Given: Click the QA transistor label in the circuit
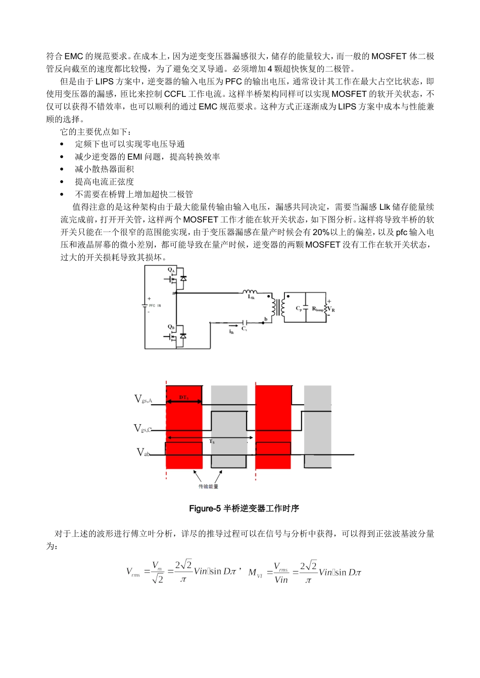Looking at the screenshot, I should click(171, 270).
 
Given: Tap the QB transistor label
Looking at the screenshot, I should click(171, 327).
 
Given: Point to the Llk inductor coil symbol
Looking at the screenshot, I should click(250, 292).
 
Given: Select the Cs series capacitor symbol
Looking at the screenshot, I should click(245, 322).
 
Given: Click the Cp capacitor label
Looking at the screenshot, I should click(299, 308).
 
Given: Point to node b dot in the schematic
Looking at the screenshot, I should click(264, 322).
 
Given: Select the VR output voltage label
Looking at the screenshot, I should click(331, 309).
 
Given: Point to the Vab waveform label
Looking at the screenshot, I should click(143, 453).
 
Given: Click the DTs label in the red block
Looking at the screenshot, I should click(183, 398).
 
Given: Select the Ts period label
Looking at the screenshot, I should click(212, 442).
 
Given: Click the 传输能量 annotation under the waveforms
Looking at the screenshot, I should click(208, 486).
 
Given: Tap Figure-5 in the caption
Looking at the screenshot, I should click(205, 508).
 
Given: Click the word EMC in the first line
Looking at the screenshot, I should click(74, 56).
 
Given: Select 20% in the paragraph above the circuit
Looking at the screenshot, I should click(321, 233).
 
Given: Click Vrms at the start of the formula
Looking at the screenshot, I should click(133, 572).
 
